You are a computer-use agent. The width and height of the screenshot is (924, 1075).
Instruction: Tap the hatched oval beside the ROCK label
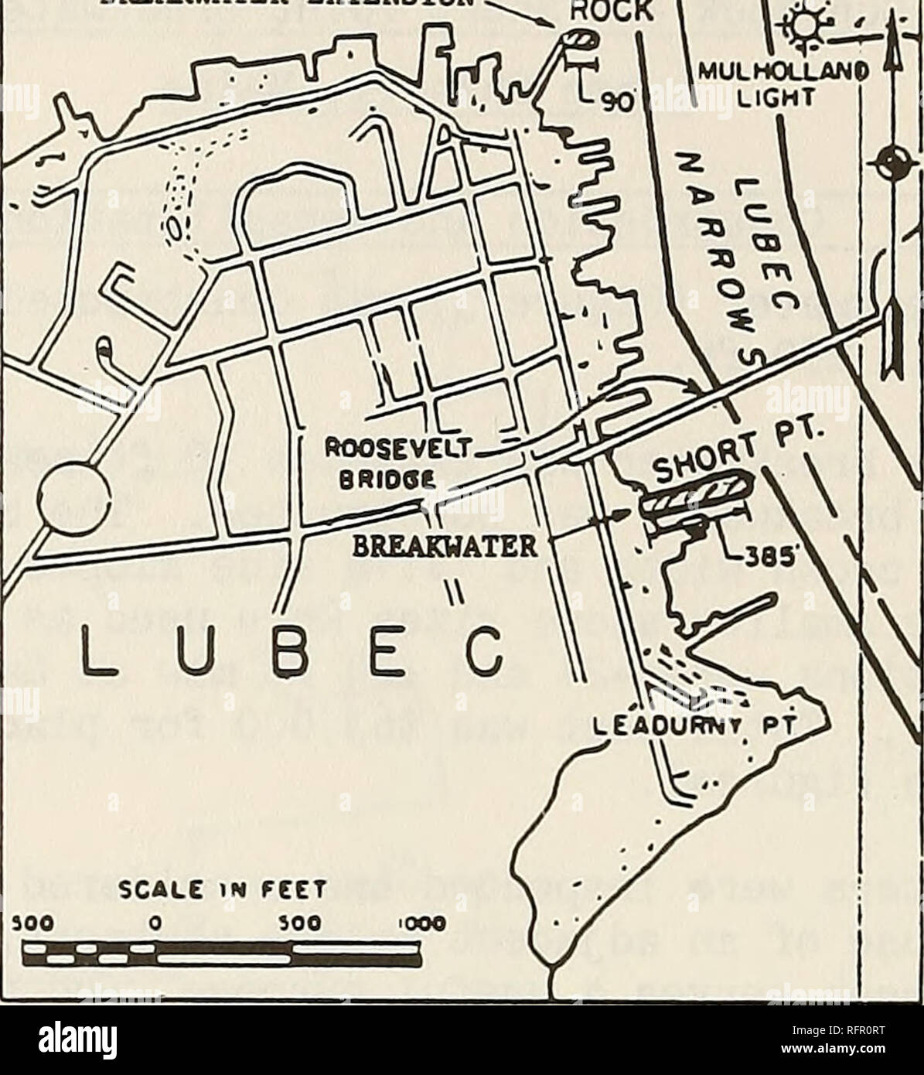pyautogui.click(x=576, y=39)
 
